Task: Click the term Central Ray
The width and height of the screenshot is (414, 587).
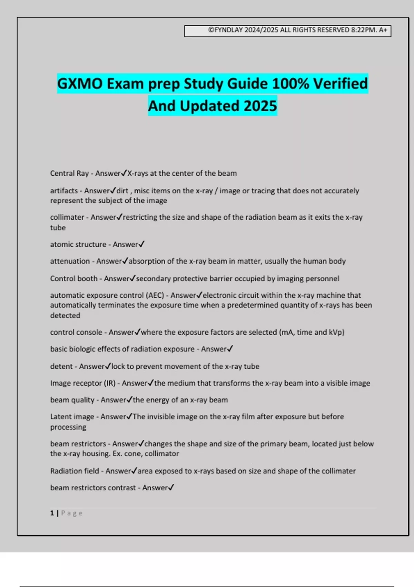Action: pos(69,173)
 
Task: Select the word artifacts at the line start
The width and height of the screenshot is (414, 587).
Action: pos(64,191)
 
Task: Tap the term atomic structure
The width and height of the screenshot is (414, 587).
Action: pos(78,244)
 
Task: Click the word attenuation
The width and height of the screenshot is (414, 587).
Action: pos(70,261)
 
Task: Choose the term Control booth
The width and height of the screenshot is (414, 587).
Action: pos(73,279)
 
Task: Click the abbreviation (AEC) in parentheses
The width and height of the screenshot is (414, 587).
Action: pos(155,296)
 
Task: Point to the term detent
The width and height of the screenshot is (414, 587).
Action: pos(61,366)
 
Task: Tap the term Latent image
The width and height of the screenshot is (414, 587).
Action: pos(72,417)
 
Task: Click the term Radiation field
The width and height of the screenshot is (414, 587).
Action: pos(75,471)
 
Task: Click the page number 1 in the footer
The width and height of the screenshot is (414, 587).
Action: pos(52,513)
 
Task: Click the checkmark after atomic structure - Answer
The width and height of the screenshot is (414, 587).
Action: pos(141,244)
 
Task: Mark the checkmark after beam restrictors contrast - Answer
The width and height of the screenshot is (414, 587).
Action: pos(171,487)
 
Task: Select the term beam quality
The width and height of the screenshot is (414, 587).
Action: pos(72,400)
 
